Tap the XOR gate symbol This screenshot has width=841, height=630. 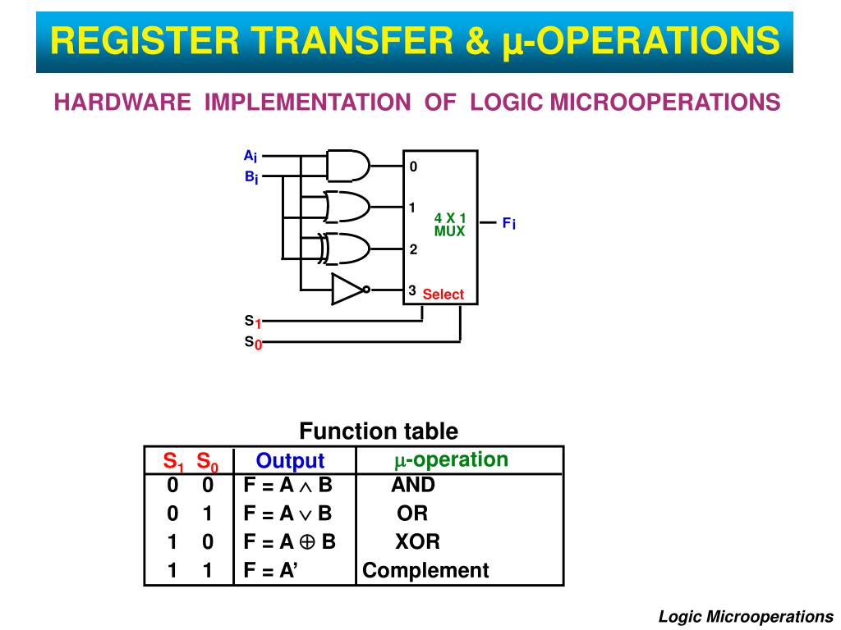pyautogui.click(x=347, y=247)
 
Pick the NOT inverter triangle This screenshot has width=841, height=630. pyautogui.click(x=347, y=289)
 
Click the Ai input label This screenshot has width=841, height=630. pyautogui.click(x=250, y=156)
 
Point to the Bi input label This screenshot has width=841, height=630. pyautogui.click(x=250, y=177)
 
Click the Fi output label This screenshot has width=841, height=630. pyautogui.click(x=509, y=223)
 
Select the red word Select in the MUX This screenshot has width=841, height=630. pyautogui.click(x=443, y=294)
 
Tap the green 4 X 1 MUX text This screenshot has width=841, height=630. pyautogui.click(x=450, y=224)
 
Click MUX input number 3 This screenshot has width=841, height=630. pyautogui.click(x=413, y=290)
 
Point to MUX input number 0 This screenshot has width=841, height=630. pyautogui.click(x=414, y=167)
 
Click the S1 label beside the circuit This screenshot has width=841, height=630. pyautogui.click(x=252, y=322)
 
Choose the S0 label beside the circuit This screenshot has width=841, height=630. pyautogui.click(x=252, y=343)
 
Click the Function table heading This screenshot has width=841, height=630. pyautogui.click(x=379, y=431)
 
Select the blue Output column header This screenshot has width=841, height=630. pyautogui.click(x=290, y=461)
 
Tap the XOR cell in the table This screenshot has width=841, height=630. pyautogui.click(x=417, y=541)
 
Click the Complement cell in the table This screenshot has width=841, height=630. pyautogui.click(x=425, y=570)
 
